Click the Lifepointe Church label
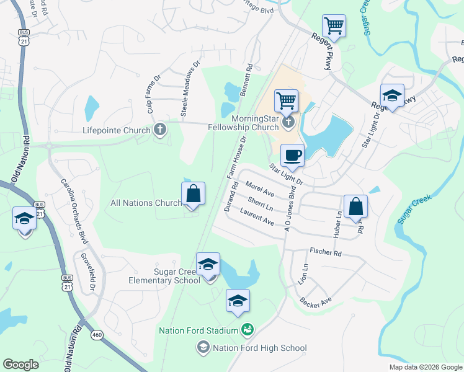(x=117, y=131)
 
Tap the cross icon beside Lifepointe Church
(x=160, y=130)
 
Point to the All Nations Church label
(x=146, y=203)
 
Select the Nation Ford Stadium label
(x=198, y=330)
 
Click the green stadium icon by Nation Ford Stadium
(x=247, y=329)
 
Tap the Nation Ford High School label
(x=251, y=348)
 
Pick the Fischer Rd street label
(x=325, y=253)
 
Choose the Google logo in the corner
(x=20, y=365)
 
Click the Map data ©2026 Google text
(x=425, y=367)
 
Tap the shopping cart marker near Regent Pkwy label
(x=334, y=26)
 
